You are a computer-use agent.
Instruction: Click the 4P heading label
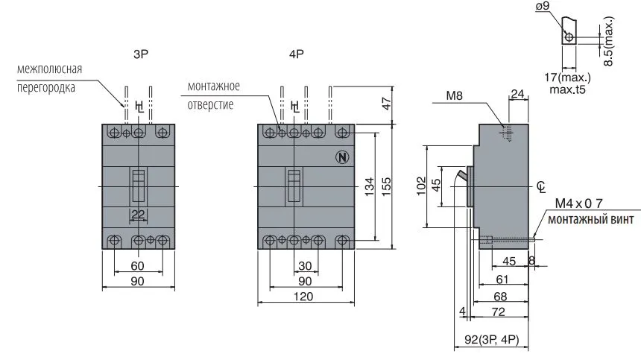pos(297,54)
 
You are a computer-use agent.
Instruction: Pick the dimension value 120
pos(303,296)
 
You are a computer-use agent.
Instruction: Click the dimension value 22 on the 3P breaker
pos(138,215)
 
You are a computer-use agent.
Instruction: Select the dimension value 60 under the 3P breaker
pos(138,266)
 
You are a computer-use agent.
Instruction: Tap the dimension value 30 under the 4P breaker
pos(303,266)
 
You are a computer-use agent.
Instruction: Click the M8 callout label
pos(455,95)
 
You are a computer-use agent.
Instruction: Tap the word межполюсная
pos(49,70)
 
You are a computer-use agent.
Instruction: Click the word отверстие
pos(211,104)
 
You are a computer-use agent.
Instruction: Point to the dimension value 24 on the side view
pos(517,94)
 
